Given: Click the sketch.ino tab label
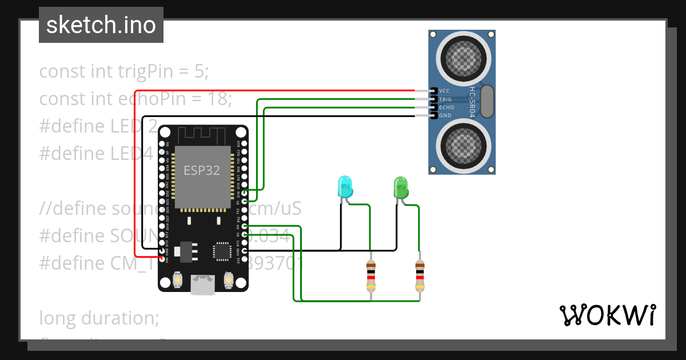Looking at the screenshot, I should click(x=101, y=25).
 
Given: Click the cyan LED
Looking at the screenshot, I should click(x=345, y=188).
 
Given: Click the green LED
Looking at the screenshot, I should click(x=401, y=188).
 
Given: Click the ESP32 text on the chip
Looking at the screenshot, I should click(x=201, y=170).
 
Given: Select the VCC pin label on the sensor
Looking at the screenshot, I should click(x=444, y=91).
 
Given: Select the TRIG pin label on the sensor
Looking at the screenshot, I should click(x=445, y=99).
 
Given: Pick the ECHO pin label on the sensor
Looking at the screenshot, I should click(x=446, y=107).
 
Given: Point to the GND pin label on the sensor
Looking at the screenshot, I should click(x=445, y=115).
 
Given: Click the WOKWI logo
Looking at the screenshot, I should click(x=607, y=315).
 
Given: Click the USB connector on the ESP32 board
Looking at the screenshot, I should click(x=203, y=285).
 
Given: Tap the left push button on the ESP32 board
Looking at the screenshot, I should click(x=178, y=280).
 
